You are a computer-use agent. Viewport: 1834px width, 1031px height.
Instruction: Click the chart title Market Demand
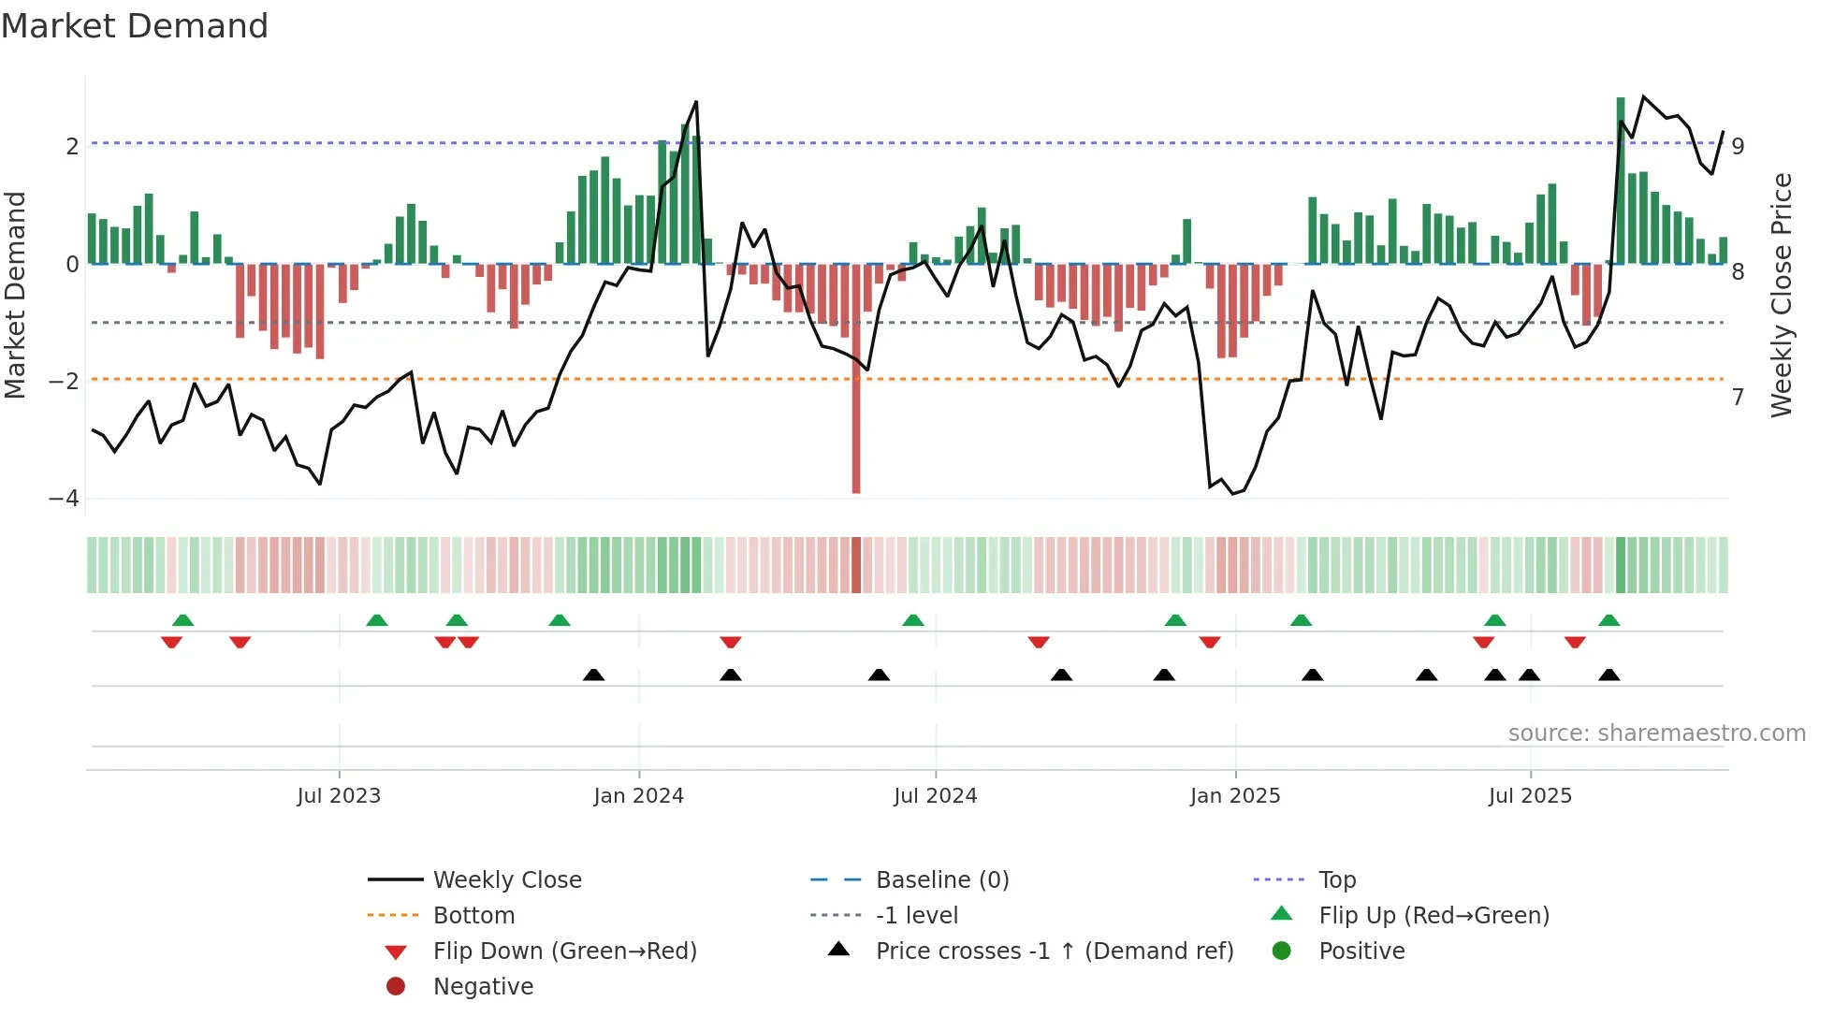click(x=135, y=26)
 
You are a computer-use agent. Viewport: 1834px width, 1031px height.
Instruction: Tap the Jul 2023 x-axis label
click(x=339, y=796)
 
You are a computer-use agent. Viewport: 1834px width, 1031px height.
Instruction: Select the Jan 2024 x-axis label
click(x=639, y=796)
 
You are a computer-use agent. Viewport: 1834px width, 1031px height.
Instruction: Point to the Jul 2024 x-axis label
click(x=935, y=796)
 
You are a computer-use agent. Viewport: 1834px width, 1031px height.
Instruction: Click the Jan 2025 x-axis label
click(x=1235, y=796)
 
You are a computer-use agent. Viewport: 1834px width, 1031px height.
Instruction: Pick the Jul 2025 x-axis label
click(x=1530, y=796)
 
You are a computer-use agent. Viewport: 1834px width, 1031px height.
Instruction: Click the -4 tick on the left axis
click(x=64, y=499)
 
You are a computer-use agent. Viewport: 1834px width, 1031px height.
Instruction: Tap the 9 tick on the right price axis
click(x=1738, y=147)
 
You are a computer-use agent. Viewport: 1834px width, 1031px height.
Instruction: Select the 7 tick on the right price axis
click(x=1738, y=398)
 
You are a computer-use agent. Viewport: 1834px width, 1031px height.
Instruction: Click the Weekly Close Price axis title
click(x=1782, y=295)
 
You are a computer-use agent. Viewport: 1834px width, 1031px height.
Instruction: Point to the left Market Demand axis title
click(x=15, y=295)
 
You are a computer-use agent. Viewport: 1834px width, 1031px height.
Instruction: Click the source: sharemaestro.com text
click(x=1656, y=733)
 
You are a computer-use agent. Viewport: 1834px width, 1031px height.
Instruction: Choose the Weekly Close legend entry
click(x=506, y=880)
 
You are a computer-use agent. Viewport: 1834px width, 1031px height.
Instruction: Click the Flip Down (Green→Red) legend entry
click(x=564, y=951)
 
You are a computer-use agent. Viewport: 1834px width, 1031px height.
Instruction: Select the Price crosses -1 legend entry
click(x=1054, y=951)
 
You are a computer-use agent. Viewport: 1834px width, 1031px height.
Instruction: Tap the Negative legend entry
click(x=483, y=987)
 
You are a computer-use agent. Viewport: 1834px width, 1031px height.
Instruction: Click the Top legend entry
click(x=1336, y=880)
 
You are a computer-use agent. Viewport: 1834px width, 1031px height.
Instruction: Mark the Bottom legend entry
click(x=473, y=916)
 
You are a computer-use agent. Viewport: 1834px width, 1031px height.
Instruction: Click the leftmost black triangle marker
click(x=593, y=675)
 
